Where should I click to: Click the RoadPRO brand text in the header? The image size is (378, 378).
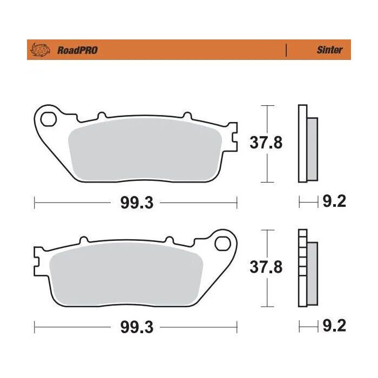click(x=77, y=50)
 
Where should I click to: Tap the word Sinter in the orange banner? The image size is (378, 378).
click(x=329, y=50)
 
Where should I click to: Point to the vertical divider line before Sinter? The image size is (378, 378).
click(x=286, y=50)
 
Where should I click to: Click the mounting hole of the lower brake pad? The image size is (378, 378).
click(x=221, y=242)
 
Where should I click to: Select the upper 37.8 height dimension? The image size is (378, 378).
click(x=266, y=143)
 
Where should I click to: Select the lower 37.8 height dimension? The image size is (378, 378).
click(x=266, y=267)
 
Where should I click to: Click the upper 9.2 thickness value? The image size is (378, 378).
click(x=334, y=202)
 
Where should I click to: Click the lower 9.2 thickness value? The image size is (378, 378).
click(x=334, y=326)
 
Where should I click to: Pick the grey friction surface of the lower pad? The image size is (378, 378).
click(x=126, y=274)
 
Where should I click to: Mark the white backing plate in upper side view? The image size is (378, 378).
click(x=302, y=143)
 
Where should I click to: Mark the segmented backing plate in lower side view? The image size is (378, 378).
click(x=302, y=268)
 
